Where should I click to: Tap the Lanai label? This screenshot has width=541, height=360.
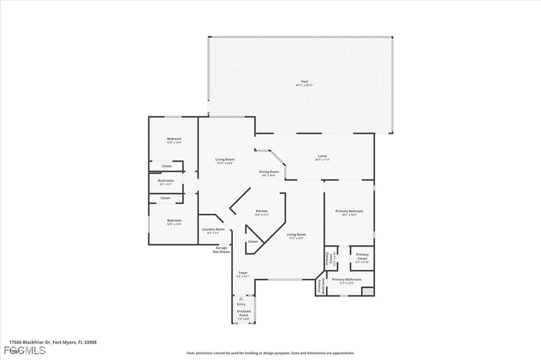[x=322, y=157]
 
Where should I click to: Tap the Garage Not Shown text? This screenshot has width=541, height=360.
[x=221, y=250]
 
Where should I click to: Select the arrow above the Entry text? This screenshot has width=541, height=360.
[x=241, y=299]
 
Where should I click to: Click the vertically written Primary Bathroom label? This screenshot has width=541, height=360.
[x=320, y=286]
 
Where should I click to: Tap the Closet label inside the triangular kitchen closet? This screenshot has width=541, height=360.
[x=253, y=241]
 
